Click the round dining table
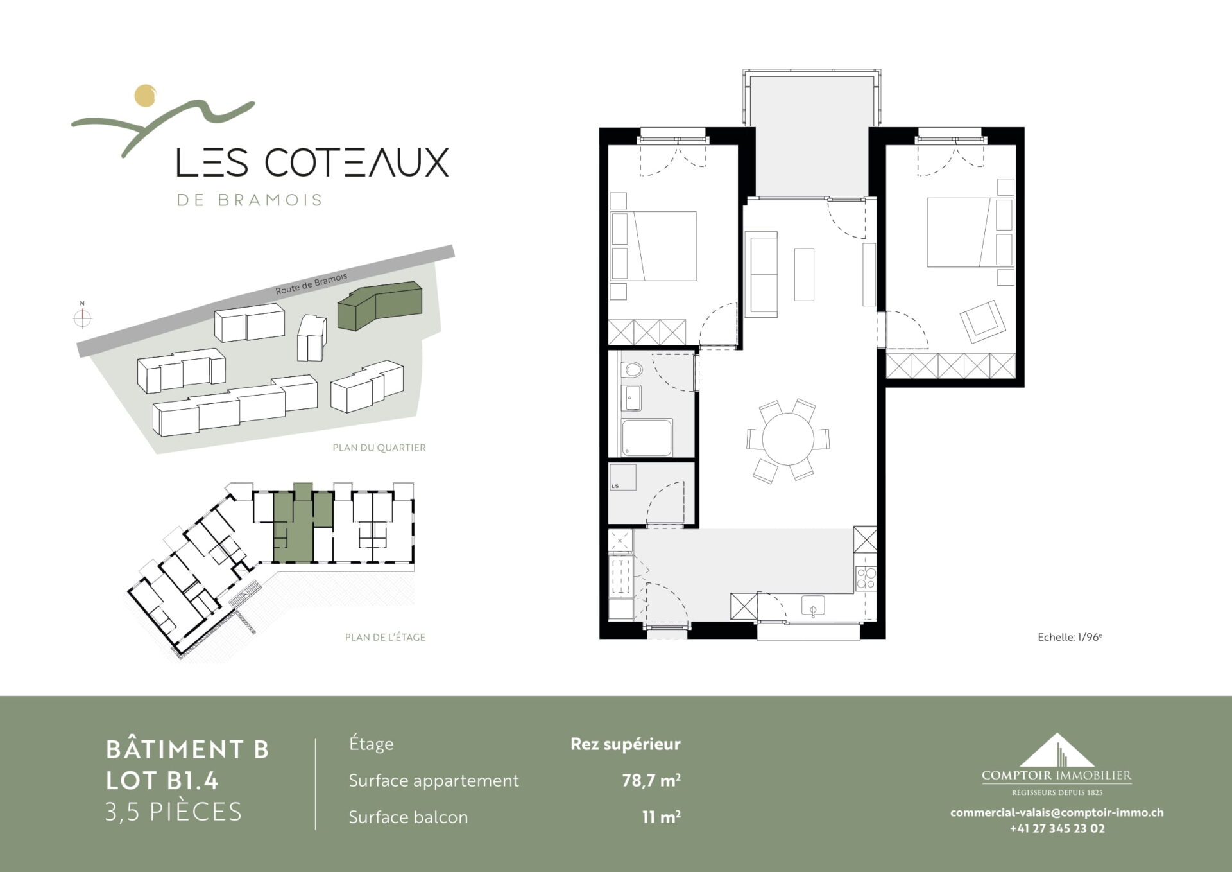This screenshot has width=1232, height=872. [787, 439]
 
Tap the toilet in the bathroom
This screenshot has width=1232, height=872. [632, 370]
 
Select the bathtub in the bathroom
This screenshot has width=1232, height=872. [647, 438]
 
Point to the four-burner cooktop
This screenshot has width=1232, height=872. [866, 577]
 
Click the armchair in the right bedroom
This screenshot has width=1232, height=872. [982, 322]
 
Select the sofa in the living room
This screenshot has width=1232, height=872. [761, 274]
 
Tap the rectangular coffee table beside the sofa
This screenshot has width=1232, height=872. [804, 275]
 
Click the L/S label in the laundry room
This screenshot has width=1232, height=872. [615, 486]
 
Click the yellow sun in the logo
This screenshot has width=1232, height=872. [146, 95]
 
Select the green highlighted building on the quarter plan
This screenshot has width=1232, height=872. [380, 306]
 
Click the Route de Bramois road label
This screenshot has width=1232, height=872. [311, 283]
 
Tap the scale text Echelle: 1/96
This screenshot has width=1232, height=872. [1070, 637]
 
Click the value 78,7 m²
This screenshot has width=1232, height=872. [651, 780]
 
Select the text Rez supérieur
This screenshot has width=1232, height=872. [626, 744]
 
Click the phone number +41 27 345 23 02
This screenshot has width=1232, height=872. [1057, 828]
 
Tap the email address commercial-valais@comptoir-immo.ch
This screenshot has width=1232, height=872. [1057, 812]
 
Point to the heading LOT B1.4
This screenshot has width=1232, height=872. [162, 780]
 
